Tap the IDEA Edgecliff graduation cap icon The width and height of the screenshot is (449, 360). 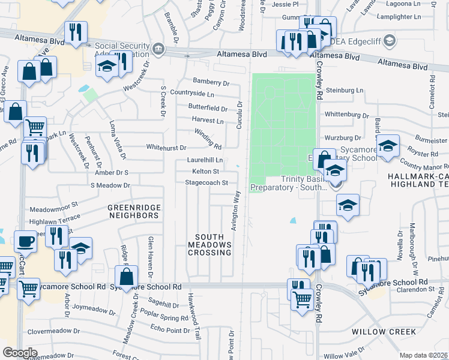coord(390,41)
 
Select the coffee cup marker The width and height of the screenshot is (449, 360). coord(25,241)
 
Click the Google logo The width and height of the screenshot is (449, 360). coord(20,353)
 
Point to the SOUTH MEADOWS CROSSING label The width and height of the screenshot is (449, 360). coord(209,245)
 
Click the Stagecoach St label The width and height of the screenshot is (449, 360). coord(206,182)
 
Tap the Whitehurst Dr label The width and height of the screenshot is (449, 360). coord(166,147)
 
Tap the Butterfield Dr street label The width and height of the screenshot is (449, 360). coord(208,109)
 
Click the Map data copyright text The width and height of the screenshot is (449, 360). coord(424,355)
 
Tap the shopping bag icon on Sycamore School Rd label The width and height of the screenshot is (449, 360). coord(127,277)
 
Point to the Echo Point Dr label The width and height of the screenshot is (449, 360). coord(170,329)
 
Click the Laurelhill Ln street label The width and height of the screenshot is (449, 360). coord(205,160)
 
